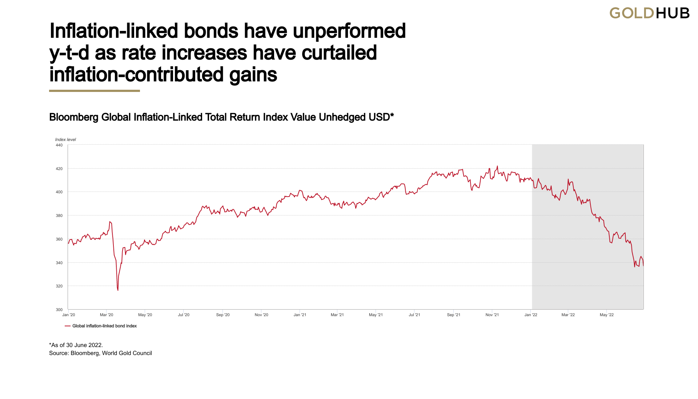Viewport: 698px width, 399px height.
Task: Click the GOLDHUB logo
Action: (649, 13)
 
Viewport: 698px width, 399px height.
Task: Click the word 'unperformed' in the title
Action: (349, 31)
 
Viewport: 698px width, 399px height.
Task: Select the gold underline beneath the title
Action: (95, 91)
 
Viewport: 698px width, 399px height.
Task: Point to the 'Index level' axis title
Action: (65, 140)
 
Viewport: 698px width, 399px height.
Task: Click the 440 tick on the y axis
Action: (59, 145)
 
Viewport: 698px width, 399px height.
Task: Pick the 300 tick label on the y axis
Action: (59, 310)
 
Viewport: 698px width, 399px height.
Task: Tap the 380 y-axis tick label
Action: (59, 215)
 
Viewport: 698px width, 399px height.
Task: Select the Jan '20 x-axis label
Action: (69, 315)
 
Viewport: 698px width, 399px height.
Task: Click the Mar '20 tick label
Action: (107, 315)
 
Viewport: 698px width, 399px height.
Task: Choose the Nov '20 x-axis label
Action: (261, 315)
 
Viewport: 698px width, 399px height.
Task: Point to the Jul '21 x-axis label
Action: (414, 315)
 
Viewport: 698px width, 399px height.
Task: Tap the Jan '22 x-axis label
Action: (531, 315)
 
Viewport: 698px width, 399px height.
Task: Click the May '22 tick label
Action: (607, 315)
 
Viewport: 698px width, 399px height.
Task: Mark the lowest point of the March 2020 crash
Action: (118, 290)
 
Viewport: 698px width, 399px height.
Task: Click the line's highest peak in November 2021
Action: (497, 166)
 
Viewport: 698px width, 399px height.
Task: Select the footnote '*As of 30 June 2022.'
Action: (76, 345)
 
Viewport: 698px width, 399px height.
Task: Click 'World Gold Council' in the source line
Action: (127, 353)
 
